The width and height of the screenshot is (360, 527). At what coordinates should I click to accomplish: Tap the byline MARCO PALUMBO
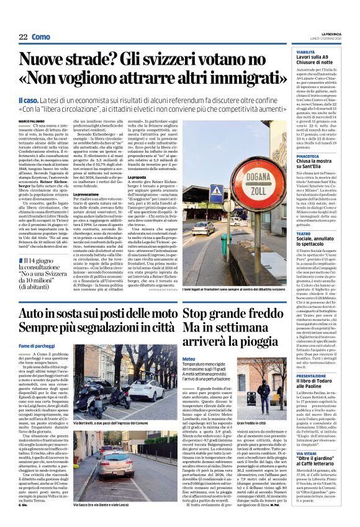pos(32,120)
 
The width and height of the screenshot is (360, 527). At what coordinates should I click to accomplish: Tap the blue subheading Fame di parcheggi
pos(35,345)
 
